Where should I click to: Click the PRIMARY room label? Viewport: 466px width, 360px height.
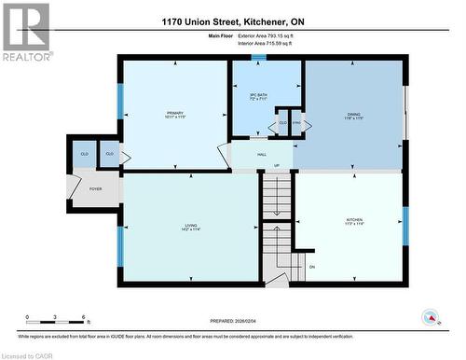[x=175, y=115]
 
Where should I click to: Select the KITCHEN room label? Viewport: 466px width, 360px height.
[x=354, y=220]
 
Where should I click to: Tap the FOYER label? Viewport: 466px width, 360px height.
[x=95, y=188]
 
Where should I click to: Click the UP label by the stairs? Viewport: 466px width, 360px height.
[x=276, y=166]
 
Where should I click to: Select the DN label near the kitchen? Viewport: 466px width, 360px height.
[x=312, y=267]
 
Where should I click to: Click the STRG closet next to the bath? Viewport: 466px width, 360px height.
[x=296, y=122]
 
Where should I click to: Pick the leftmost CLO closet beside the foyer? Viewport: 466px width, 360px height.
[x=84, y=154]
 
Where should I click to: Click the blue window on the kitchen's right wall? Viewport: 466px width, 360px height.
[x=404, y=225]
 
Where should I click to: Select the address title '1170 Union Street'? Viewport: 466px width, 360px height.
[x=233, y=21]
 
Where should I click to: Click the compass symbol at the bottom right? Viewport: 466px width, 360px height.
[x=432, y=316]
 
